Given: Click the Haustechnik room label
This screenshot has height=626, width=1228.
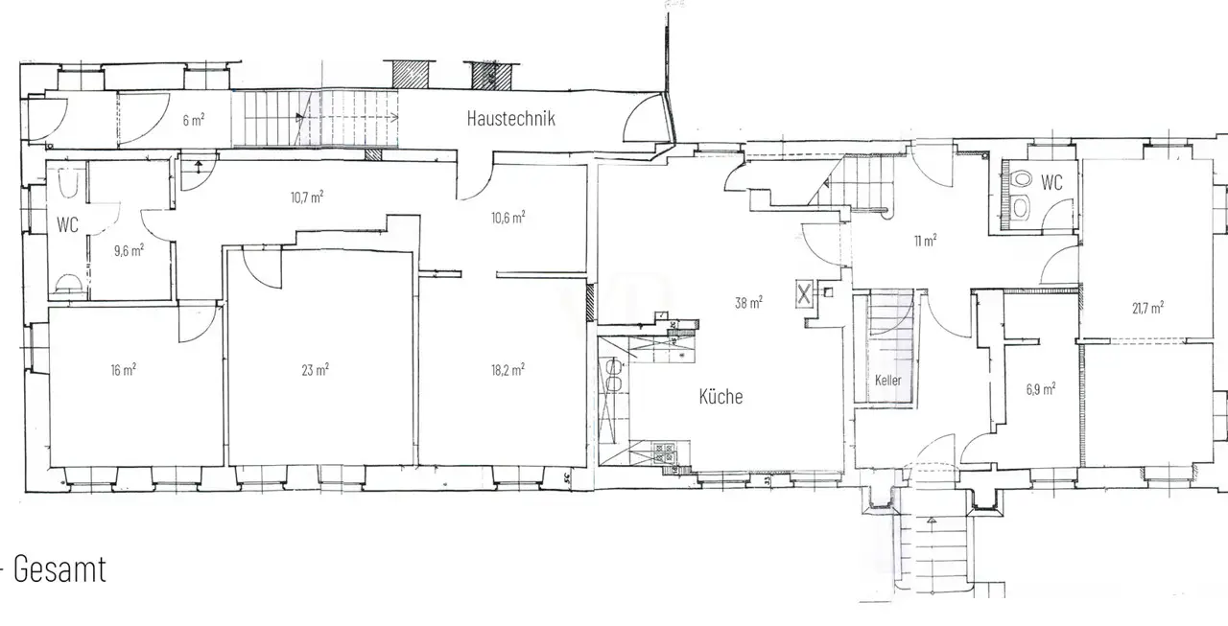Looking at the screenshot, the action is click(x=511, y=118).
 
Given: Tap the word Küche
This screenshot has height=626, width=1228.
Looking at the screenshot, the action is click(x=720, y=396).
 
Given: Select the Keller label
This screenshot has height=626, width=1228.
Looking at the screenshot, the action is click(x=887, y=380).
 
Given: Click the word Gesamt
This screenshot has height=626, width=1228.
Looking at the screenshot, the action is click(x=59, y=569).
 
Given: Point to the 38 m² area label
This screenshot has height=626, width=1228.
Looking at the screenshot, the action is click(x=748, y=302).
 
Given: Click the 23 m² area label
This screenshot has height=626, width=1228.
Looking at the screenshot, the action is click(x=316, y=370).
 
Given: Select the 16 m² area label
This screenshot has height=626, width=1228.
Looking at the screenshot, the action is click(x=124, y=370).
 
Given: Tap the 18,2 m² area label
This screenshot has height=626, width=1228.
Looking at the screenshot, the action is click(x=508, y=370).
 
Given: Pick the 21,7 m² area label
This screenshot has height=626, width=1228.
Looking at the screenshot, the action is click(x=1148, y=308).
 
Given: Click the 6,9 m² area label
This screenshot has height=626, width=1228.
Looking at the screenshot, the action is click(x=1041, y=389).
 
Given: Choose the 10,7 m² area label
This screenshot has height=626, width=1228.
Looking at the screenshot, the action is click(x=307, y=197).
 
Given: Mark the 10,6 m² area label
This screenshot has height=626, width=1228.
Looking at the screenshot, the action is click(x=508, y=218).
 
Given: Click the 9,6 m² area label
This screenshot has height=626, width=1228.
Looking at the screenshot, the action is click(x=129, y=250).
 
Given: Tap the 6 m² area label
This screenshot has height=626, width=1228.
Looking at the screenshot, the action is click(x=194, y=120).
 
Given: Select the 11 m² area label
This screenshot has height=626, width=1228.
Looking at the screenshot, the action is click(x=926, y=241).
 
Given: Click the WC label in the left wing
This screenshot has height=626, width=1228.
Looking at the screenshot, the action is click(x=67, y=224).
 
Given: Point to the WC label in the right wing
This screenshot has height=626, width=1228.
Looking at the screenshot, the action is click(x=1051, y=182).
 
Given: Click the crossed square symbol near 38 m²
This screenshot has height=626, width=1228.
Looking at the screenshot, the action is click(x=804, y=294).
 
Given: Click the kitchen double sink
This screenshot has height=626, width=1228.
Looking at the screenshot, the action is click(x=613, y=375).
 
